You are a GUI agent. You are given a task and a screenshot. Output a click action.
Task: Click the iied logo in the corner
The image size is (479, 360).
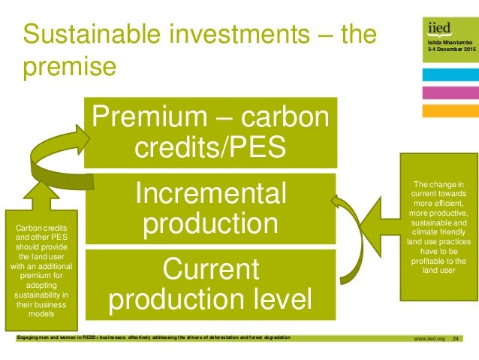439,29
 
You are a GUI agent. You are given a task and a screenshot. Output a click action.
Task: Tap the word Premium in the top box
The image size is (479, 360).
153,118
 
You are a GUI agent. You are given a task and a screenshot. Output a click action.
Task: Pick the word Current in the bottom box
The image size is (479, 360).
209,268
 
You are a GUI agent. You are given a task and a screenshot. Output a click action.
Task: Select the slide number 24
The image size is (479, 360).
454,342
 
